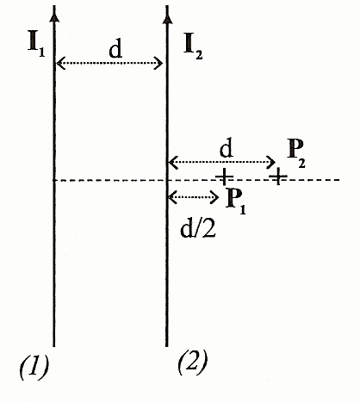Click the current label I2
tap(193, 46)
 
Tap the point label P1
tap(236, 201)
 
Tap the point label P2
tap(296, 154)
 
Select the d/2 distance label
tap(198, 229)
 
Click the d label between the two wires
tap(115, 49)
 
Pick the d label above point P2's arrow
tap(227, 148)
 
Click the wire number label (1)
tap(34, 368)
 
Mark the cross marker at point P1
tap(224, 177)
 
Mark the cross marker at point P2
tap(277, 177)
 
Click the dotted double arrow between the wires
tap(109, 63)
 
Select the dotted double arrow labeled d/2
tap(194, 197)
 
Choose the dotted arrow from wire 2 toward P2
tap(222, 162)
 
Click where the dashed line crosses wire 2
tap(167, 180)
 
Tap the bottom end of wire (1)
tap(53, 346)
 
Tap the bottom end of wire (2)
tap(167, 346)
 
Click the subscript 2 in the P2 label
tap(301, 163)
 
